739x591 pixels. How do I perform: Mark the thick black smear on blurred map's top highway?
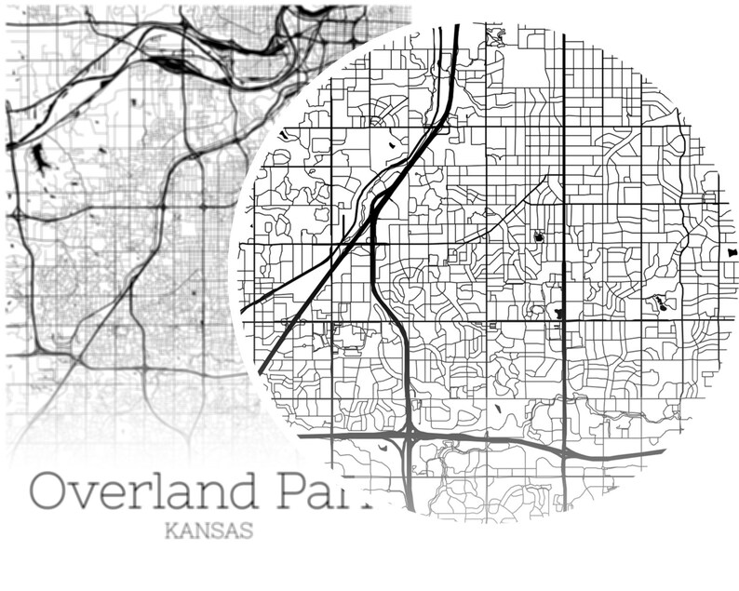(x=173, y=63)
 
